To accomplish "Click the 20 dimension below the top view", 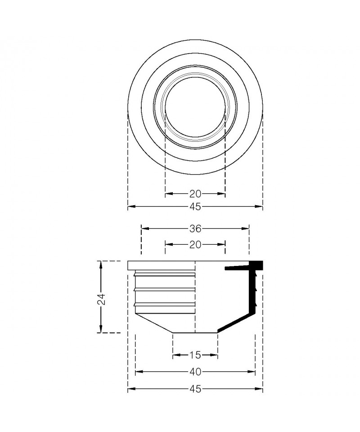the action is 195,194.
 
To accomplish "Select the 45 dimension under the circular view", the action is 195,207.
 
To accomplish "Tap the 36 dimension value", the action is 195,229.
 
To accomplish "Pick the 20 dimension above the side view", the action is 195,244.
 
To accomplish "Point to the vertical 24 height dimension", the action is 101,299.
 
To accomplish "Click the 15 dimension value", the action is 195,355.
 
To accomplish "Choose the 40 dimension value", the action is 195,372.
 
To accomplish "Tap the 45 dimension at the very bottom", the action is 195,389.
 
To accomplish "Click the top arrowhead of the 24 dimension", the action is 101,265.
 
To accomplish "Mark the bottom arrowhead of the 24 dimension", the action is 101,328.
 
